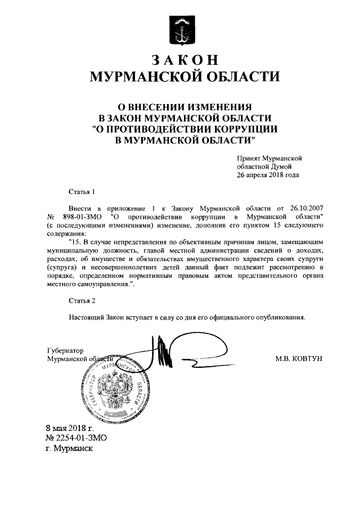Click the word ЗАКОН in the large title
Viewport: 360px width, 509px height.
pos(180,60)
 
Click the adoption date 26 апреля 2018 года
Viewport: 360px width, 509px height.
pos(268,175)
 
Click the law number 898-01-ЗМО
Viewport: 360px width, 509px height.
pos(83,217)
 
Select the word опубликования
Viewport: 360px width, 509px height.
pos(276,317)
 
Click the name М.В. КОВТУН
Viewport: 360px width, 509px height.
pos(298,358)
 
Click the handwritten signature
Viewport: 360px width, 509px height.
pos(169,354)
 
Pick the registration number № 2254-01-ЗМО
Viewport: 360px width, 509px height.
pos(76,438)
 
